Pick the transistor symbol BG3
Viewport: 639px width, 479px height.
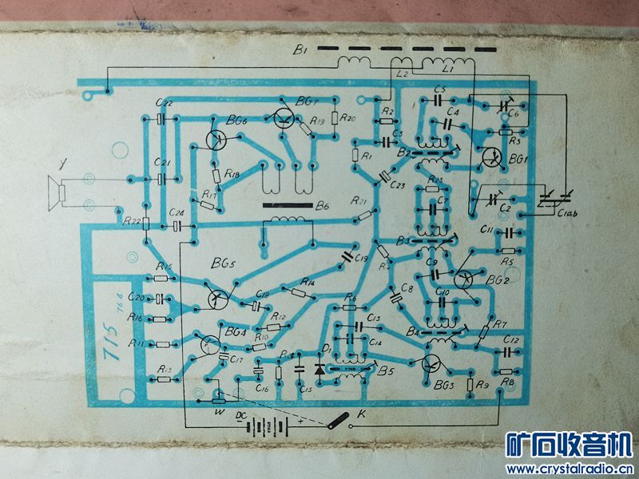[432, 364]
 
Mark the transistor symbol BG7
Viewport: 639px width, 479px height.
[283, 119]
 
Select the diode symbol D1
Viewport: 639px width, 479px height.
[321, 370]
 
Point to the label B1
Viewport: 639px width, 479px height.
[300, 51]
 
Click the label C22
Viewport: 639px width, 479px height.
[165, 104]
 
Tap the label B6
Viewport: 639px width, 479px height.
[321, 206]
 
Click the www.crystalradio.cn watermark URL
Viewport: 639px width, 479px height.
[570, 468]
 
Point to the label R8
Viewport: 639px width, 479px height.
[506, 383]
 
